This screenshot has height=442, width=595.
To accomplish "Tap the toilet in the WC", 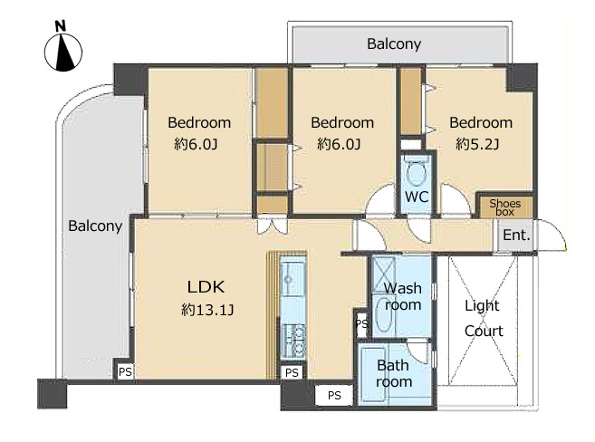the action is (x=417, y=171).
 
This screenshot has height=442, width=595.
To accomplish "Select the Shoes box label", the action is (x=504, y=207).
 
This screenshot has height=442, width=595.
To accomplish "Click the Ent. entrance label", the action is (x=516, y=235).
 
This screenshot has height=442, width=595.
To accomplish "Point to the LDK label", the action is (x=206, y=287).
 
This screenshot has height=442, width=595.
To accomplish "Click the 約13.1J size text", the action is (x=207, y=310).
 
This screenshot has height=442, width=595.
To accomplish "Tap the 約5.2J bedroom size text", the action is (x=477, y=144).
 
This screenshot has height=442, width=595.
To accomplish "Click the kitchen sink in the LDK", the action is (x=293, y=277).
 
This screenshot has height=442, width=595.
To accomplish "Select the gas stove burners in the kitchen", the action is (x=294, y=341).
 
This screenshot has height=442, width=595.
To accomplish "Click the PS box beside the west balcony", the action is (x=125, y=371).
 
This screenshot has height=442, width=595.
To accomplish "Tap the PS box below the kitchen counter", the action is (x=292, y=372).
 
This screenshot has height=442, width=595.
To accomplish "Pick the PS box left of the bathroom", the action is (x=334, y=396).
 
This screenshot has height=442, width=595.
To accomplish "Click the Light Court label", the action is (x=483, y=318).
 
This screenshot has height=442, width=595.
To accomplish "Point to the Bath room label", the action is (x=394, y=373).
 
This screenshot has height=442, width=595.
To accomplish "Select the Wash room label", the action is (x=403, y=296).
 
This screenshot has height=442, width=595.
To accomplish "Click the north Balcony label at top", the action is (x=394, y=44).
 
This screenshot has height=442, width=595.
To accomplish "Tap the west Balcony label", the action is (x=95, y=226).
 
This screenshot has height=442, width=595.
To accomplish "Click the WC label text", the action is (x=417, y=197).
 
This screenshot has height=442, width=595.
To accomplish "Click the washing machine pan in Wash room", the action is (x=384, y=274).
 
